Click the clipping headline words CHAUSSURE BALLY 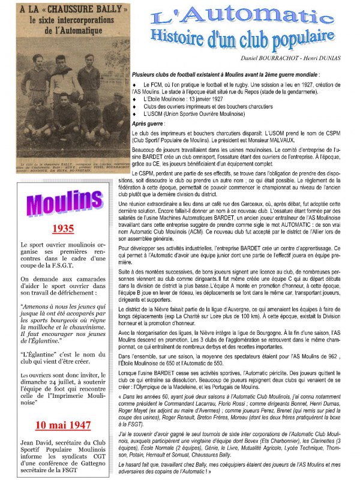click(x=80, y=10)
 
